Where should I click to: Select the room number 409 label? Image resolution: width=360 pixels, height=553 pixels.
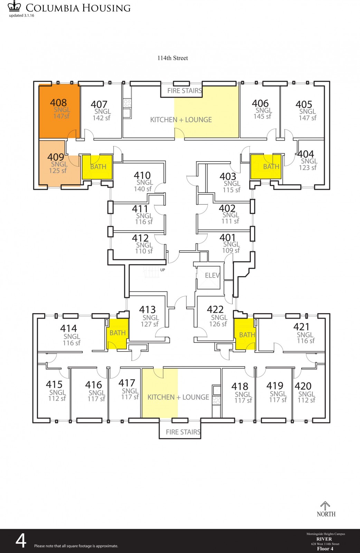click(x=56, y=157)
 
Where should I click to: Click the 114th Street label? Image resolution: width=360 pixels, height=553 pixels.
click(x=173, y=58)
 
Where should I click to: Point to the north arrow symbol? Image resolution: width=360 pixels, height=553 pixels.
click(x=325, y=506)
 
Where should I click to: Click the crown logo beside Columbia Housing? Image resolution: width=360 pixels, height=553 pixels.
click(x=14, y=6)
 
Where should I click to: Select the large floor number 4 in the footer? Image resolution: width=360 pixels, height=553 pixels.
click(x=21, y=541)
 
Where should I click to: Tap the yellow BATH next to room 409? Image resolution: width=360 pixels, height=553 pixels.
click(x=97, y=167)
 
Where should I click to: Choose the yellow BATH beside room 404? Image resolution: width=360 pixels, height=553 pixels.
click(x=266, y=167)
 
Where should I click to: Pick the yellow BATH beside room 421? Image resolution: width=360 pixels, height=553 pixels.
click(x=245, y=334)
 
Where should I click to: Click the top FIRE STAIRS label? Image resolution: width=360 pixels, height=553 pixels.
click(x=184, y=91)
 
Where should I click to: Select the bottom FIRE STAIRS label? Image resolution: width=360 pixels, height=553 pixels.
click(x=183, y=432)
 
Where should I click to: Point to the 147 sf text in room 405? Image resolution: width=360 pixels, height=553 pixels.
click(x=307, y=118)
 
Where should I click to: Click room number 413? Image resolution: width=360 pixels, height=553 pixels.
click(x=147, y=309)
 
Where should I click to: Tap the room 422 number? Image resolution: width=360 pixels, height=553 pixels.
click(x=215, y=309)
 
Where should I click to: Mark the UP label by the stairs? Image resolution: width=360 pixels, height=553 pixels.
click(x=163, y=270)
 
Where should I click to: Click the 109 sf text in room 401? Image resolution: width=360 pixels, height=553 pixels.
click(x=231, y=250)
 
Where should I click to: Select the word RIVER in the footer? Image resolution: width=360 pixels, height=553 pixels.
click(x=324, y=539)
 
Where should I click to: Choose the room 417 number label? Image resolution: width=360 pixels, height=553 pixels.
click(x=127, y=383)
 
